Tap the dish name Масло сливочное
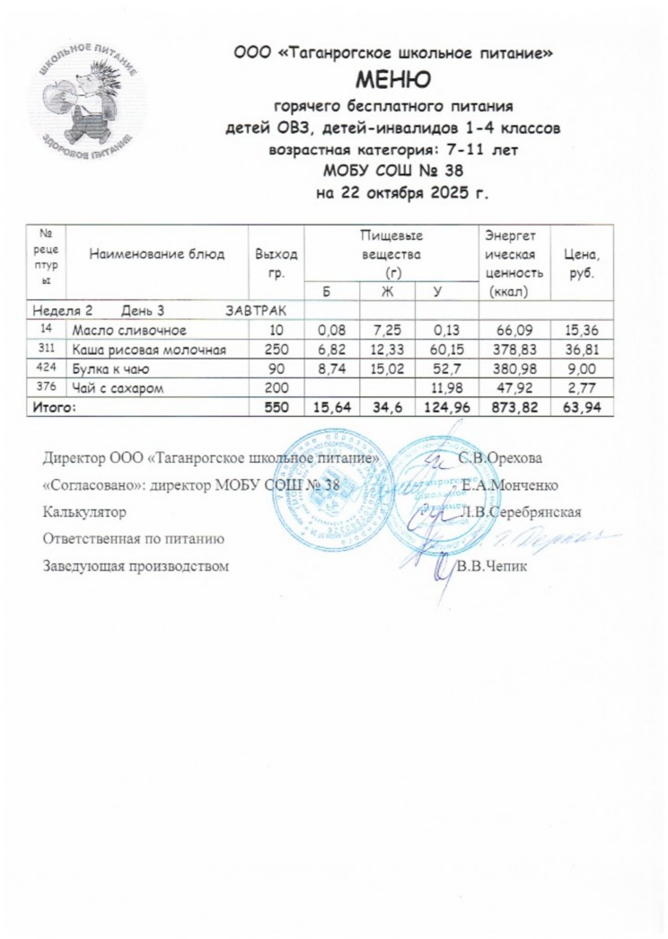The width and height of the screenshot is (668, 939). (128, 332)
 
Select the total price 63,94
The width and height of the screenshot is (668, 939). (579, 407)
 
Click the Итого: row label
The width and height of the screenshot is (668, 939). (55, 407)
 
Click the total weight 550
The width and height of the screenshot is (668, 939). (277, 407)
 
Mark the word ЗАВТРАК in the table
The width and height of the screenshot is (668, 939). (255, 311)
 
